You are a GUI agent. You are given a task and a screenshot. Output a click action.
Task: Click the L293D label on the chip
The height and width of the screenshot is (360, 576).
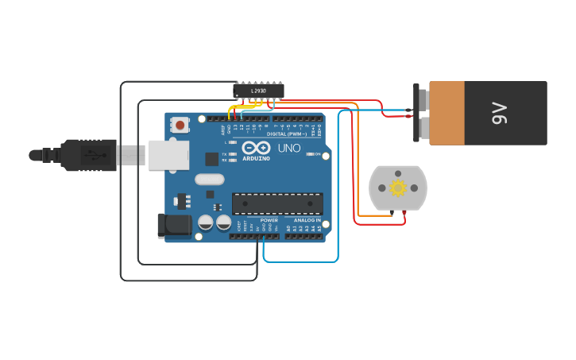258,91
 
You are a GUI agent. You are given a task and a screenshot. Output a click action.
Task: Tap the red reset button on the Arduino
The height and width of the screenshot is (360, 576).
180,125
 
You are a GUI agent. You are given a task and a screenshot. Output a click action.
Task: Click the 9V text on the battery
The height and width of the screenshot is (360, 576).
499,113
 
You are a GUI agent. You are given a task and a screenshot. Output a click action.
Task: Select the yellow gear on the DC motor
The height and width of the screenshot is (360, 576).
398,188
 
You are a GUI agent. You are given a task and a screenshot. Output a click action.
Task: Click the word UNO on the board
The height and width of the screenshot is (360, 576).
289,149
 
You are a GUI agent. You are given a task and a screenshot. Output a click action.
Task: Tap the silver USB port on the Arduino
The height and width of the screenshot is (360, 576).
168,155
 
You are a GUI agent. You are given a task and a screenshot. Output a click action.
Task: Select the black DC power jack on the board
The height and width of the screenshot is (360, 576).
174,226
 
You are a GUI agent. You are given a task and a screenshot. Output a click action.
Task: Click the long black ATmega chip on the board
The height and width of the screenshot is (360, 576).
277,203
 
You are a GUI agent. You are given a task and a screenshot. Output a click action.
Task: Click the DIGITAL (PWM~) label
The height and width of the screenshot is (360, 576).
287,134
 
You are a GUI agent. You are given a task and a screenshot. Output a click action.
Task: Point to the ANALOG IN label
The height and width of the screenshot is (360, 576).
307,220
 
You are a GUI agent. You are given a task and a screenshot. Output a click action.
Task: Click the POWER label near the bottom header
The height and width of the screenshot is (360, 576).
269,220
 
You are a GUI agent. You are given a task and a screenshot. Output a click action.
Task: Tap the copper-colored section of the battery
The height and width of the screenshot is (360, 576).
446,113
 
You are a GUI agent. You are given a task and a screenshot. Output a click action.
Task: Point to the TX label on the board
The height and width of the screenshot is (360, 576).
224,154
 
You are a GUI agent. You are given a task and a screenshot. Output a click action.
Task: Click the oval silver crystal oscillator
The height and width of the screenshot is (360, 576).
209,180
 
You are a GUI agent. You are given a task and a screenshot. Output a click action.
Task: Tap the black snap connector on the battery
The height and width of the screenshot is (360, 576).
416,113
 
